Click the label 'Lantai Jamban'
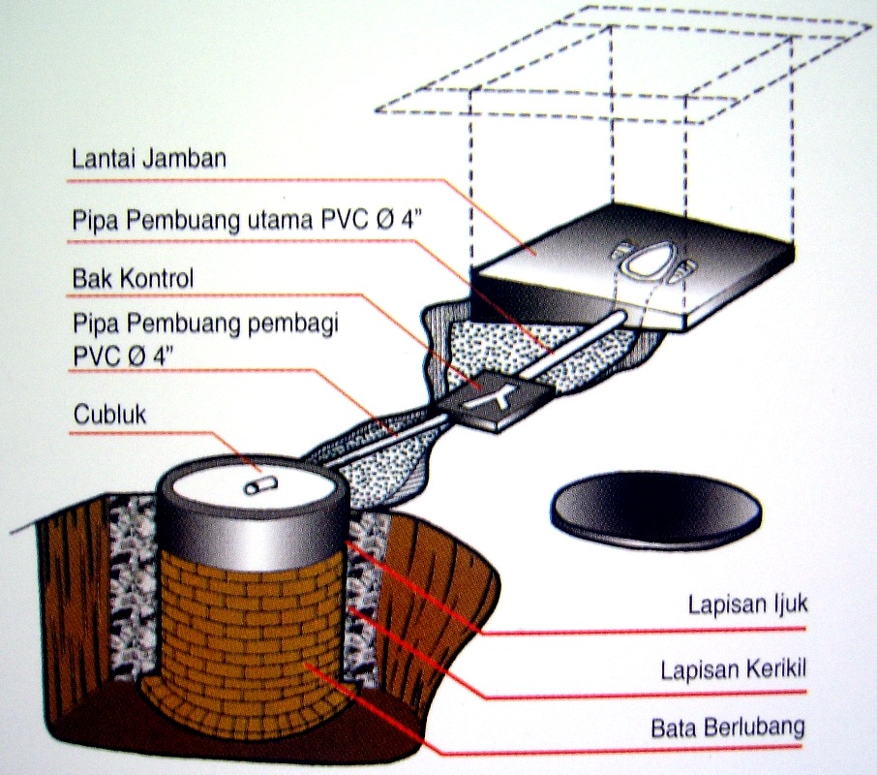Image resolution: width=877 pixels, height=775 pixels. [148, 158]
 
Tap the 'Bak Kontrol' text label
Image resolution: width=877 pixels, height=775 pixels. [134, 279]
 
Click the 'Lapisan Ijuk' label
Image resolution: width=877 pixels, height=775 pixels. [747, 606]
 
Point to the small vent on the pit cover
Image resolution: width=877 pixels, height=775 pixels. [257, 484]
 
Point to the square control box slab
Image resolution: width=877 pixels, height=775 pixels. [494, 397]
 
